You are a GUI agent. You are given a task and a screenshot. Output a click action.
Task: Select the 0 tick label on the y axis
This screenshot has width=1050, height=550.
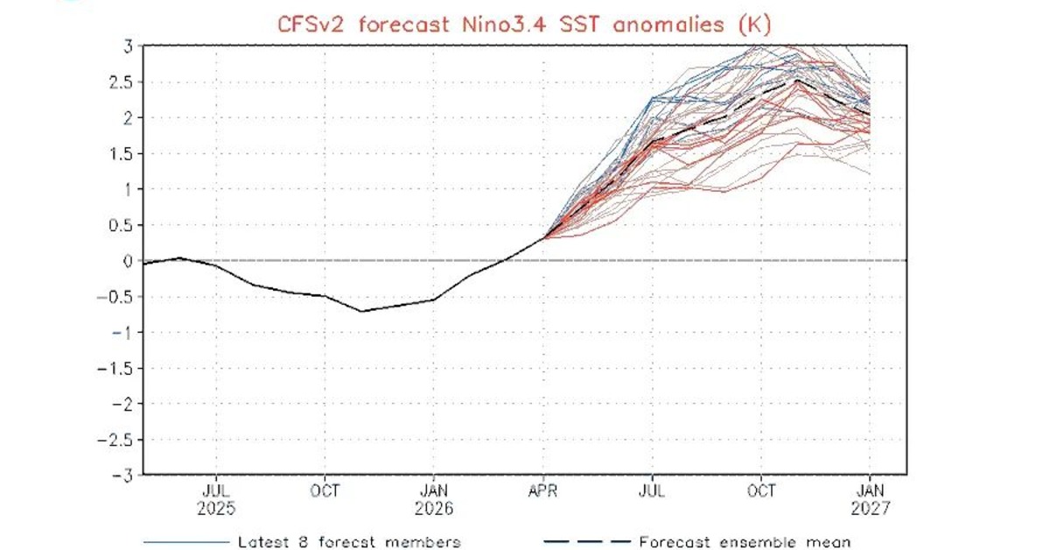[x=128, y=261]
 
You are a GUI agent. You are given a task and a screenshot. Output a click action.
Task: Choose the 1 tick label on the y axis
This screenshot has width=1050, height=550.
[x=128, y=189]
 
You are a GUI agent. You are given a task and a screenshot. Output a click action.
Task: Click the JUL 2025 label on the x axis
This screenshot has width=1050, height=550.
[x=216, y=498]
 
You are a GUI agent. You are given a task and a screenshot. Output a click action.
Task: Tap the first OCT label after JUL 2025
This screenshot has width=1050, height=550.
[x=325, y=490]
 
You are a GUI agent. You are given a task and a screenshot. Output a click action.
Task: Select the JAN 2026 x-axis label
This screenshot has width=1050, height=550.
[x=435, y=498]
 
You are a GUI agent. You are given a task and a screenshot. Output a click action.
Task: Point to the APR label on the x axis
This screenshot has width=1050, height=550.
[x=543, y=490]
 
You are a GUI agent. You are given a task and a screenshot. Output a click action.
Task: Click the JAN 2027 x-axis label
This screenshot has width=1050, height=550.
[x=870, y=498]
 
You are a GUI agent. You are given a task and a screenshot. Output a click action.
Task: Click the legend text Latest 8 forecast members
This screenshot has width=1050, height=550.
[x=349, y=542]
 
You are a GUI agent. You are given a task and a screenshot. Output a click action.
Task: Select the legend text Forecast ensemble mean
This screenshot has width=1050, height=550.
[x=745, y=542]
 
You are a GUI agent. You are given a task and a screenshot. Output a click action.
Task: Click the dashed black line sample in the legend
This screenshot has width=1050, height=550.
[x=586, y=542]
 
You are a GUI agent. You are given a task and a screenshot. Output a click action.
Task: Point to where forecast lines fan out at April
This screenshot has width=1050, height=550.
[x=544, y=236]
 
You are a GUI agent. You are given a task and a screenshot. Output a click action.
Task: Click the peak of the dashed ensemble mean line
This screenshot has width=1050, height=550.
[x=797, y=81]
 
